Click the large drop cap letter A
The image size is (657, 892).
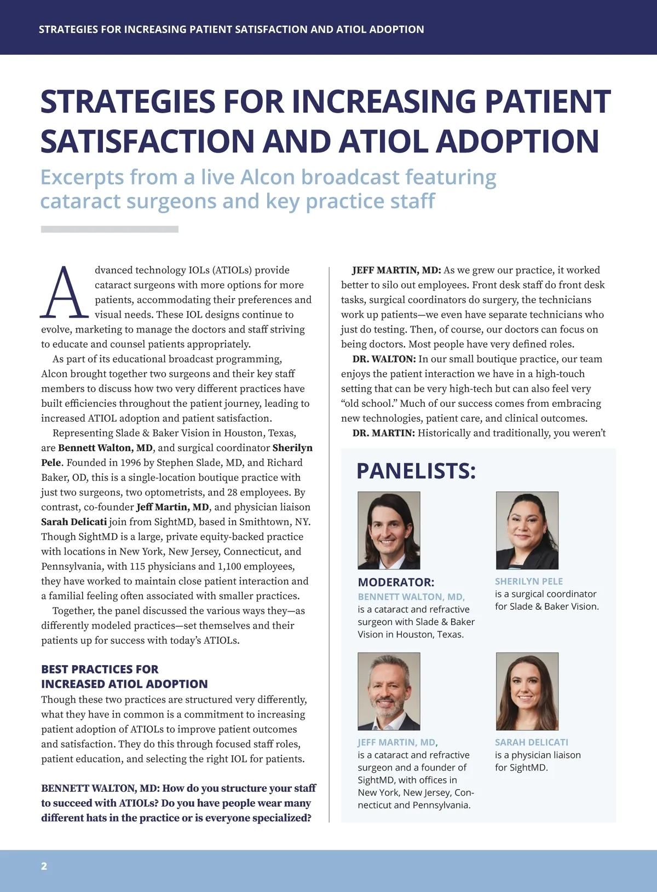[x=65, y=293]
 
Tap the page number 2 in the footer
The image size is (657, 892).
[x=44, y=866]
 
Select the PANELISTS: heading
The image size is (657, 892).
[x=416, y=471]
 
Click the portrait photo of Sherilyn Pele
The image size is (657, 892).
[x=527, y=530]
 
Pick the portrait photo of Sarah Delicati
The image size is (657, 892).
[x=527, y=691]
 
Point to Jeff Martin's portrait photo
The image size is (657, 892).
[x=389, y=691]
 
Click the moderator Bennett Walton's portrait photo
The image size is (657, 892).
[x=389, y=530]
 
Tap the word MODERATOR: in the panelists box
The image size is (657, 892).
[x=396, y=582]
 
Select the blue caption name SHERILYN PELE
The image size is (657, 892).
[x=528, y=581]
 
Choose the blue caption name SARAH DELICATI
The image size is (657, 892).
[x=531, y=742]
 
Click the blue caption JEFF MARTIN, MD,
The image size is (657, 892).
[x=397, y=742]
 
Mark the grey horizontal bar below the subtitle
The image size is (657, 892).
[x=109, y=229]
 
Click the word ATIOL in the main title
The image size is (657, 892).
[x=385, y=141]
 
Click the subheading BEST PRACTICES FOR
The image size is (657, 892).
[x=100, y=669]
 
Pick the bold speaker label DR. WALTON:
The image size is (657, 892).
[x=384, y=359]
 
